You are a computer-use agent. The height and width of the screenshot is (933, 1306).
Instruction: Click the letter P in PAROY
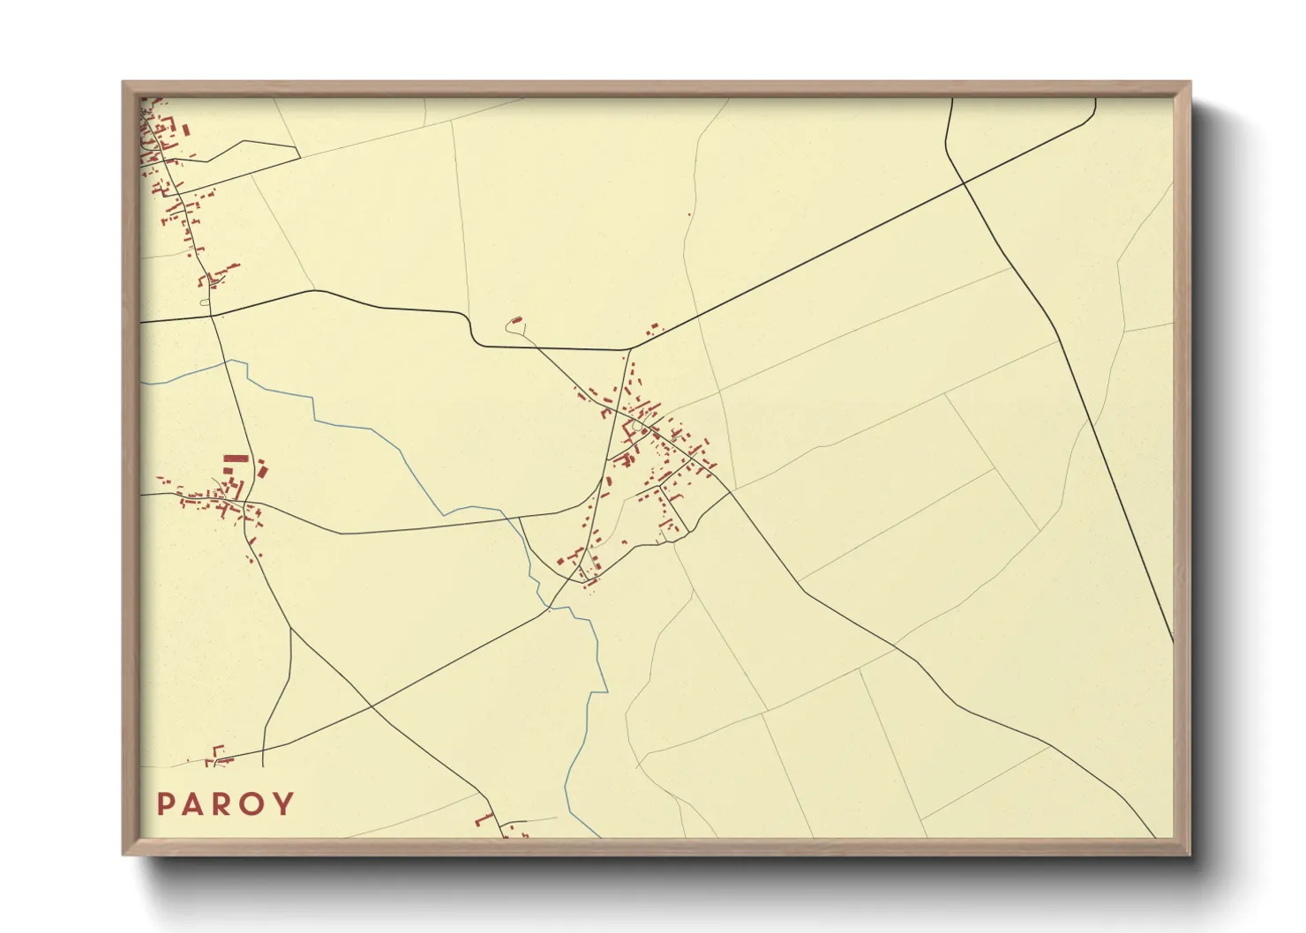[x=165, y=804]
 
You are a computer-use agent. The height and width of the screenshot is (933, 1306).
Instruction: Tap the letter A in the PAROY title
[x=194, y=804]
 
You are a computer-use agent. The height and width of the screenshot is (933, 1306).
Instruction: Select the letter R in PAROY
[x=224, y=804]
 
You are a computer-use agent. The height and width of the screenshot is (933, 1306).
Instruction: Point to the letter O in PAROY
[x=255, y=804]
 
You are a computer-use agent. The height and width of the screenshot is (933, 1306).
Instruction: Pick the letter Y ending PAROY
[x=284, y=804]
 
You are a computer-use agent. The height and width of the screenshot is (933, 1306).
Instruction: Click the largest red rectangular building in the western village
[x=233, y=459]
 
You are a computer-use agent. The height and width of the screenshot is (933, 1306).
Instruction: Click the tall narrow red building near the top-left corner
[x=186, y=129]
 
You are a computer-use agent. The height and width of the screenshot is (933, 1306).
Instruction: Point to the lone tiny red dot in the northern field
[x=689, y=214]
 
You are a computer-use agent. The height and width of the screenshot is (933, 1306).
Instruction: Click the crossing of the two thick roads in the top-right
[x=964, y=183]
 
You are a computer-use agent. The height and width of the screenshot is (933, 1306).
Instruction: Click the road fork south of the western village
[x=290, y=629]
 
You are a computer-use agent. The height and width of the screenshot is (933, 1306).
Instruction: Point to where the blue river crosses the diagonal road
[x=549, y=608]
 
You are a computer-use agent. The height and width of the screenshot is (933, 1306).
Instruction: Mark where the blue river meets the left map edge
[x=142, y=384]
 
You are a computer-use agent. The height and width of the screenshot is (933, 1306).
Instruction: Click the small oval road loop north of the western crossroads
[x=205, y=302]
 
